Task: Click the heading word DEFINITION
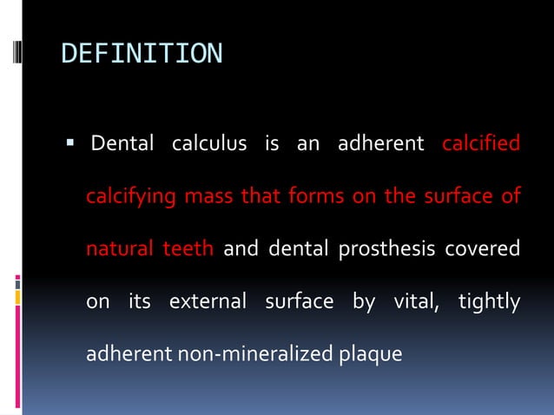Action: (x=142, y=54)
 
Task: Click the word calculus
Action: (x=208, y=142)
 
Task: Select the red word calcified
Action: (x=481, y=142)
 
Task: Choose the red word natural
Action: (x=118, y=249)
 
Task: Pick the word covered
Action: (x=483, y=249)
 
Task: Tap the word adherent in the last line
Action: (x=122, y=355)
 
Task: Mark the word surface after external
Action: (x=300, y=302)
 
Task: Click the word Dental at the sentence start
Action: (x=122, y=142)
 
